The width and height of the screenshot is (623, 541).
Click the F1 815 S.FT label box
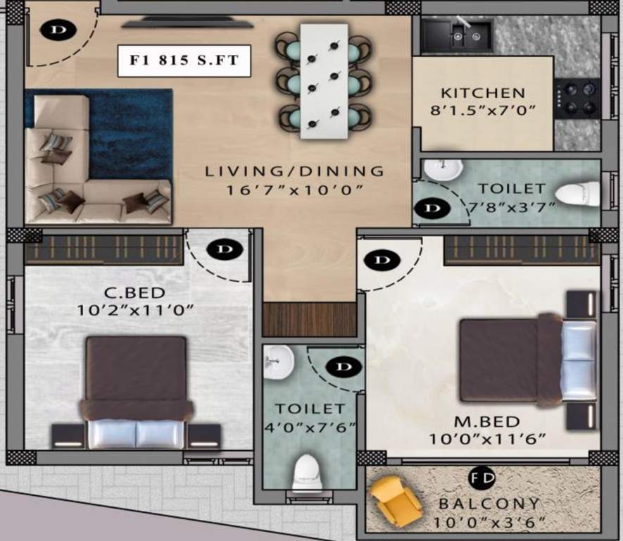(184, 61)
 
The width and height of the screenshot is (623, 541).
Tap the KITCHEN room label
(483, 93)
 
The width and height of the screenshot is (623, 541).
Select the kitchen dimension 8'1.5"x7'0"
(483, 110)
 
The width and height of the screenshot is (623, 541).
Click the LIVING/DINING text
(294, 171)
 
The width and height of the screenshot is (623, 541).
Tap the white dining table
(324, 81)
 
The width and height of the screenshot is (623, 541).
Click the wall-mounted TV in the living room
(187, 23)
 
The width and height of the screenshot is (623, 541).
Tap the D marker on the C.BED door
(225, 250)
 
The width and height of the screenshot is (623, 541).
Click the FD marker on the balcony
(483, 478)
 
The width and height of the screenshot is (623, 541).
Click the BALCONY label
(489, 504)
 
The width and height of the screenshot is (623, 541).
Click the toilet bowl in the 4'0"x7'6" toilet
(307, 471)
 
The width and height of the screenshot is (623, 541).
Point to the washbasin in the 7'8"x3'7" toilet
(443, 170)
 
